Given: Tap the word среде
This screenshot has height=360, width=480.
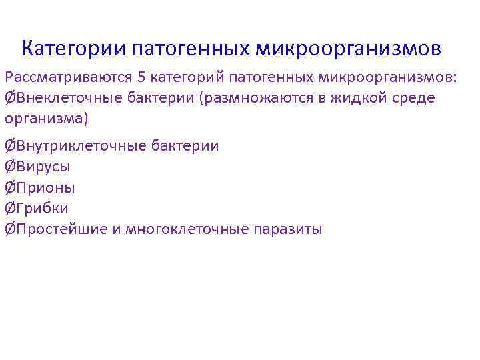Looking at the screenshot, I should [417, 99].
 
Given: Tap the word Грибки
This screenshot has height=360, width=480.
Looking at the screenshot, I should [41, 208].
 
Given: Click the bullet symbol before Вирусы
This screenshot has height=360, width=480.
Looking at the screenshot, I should [9, 167].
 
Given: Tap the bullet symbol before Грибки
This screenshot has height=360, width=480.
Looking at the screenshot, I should [9, 208].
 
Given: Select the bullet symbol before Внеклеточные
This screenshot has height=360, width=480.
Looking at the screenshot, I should [9, 99].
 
